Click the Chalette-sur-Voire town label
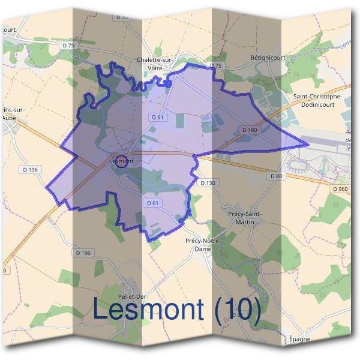pos(155,64)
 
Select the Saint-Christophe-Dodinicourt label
pos(317,100)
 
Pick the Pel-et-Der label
pos(133,296)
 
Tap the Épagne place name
pos(300,339)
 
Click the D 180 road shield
pos(249,130)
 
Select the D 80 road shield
pos(277,176)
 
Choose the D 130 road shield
pos(208,182)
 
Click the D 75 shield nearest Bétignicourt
pos(216,65)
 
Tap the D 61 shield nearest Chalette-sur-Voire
pos(157,118)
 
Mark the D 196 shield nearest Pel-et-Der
pos(83,253)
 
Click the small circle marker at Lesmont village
pos(122,161)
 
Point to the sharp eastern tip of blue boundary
pos(308,145)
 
